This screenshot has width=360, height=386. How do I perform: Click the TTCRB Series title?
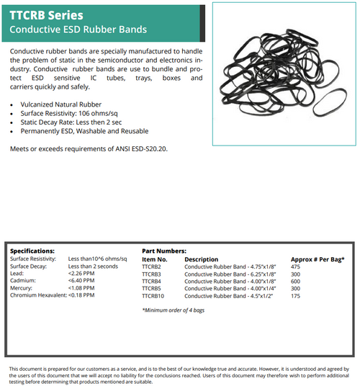(46, 14)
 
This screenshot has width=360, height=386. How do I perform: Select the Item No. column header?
(155, 259)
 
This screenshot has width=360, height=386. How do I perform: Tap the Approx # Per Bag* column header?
(318, 259)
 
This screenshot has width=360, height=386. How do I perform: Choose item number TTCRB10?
(153, 295)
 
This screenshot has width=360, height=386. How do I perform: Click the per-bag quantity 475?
(296, 266)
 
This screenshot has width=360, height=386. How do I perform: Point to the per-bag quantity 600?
(296, 281)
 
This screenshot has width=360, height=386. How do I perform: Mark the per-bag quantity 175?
(296, 295)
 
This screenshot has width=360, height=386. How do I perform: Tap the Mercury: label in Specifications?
(22, 288)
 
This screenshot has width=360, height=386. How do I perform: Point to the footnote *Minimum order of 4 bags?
(172, 310)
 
